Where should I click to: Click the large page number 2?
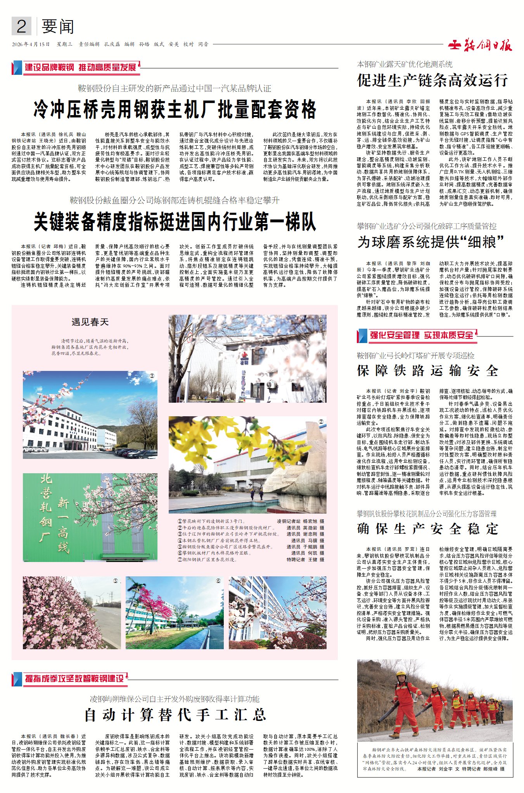coord(21,27)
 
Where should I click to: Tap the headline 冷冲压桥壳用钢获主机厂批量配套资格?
coord(175,110)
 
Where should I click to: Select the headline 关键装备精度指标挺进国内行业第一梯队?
coord(175,222)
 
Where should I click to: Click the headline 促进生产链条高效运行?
coord(432,81)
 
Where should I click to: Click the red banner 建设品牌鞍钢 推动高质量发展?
coord(80,68)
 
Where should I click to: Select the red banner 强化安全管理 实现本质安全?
coord(421,335)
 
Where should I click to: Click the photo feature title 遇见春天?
coord(90,322)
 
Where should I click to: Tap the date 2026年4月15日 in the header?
coord(31,45)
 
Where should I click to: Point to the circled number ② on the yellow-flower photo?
coord(321,421)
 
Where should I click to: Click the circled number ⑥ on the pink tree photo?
coord(218,581)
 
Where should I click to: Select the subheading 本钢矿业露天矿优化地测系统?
coord(405,64)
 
